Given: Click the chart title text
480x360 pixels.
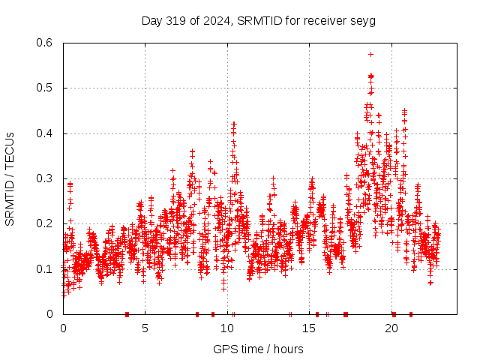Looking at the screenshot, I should [x=258, y=20].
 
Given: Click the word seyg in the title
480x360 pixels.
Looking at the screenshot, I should [x=363, y=20].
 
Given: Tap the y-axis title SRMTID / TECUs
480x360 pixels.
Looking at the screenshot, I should [x=10, y=178].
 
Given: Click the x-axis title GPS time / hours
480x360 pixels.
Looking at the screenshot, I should [x=258, y=349].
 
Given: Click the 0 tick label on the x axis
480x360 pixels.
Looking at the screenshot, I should [x=63, y=328].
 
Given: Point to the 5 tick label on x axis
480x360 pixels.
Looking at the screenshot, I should [x=145, y=328].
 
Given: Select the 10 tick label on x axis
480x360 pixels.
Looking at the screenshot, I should [x=227, y=328].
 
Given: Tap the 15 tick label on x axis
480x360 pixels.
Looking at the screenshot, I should [x=310, y=328].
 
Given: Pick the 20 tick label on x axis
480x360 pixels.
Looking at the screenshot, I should [x=391, y=328].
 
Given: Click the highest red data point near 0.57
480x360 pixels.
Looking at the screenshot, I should [x=370, y=54].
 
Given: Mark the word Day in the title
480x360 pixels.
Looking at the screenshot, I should [x=152, y=20].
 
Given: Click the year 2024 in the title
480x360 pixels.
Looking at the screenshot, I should [x=217, y=20].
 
